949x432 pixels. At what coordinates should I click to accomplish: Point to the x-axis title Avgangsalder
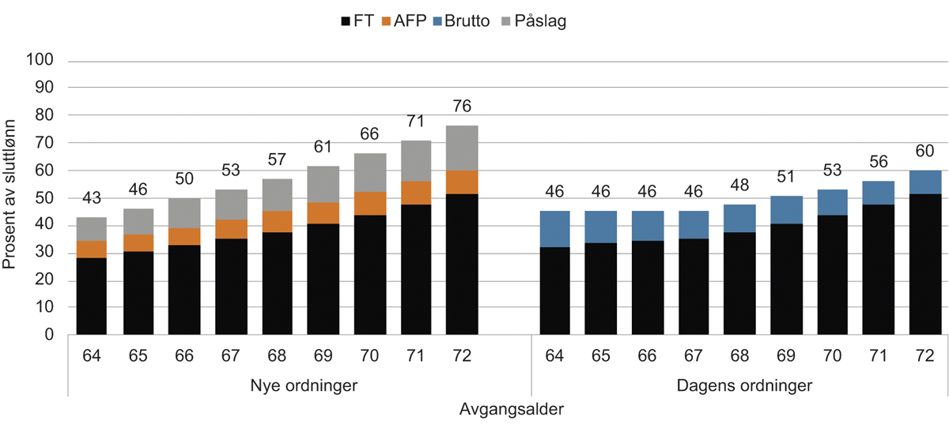pos(512,410)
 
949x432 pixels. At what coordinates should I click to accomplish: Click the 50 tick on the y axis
pos(44,197)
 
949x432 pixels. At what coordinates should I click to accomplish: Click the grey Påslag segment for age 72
pos(461,148)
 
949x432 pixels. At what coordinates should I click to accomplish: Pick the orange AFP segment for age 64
pos(91,249)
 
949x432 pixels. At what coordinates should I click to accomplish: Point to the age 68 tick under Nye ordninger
pos(276,355)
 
